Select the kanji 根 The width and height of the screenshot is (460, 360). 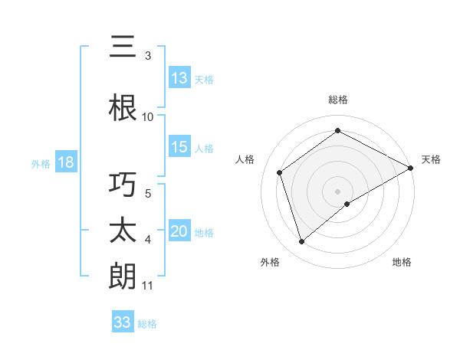click(123, 107)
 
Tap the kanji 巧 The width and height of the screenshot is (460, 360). click(123, 185)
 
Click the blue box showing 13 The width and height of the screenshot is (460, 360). click(179, 78)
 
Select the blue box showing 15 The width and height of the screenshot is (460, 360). click(179, 148)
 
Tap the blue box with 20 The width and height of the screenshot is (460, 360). click(179, 232)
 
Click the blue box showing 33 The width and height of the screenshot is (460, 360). click(123, 322)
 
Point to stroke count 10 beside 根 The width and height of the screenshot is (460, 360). click(148, 116)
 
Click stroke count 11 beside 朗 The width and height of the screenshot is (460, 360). click(148, 286)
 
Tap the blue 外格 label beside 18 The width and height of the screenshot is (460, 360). click(41, 164)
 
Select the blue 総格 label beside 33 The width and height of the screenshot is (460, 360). click(147, 324)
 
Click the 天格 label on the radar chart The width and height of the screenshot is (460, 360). click(431, 159)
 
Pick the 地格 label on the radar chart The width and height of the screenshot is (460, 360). click(402, 262)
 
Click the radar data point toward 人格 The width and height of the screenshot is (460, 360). click(280, 172)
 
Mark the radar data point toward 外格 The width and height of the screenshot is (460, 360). click(302, 242)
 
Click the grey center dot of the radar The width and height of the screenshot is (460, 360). click(337, 191)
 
